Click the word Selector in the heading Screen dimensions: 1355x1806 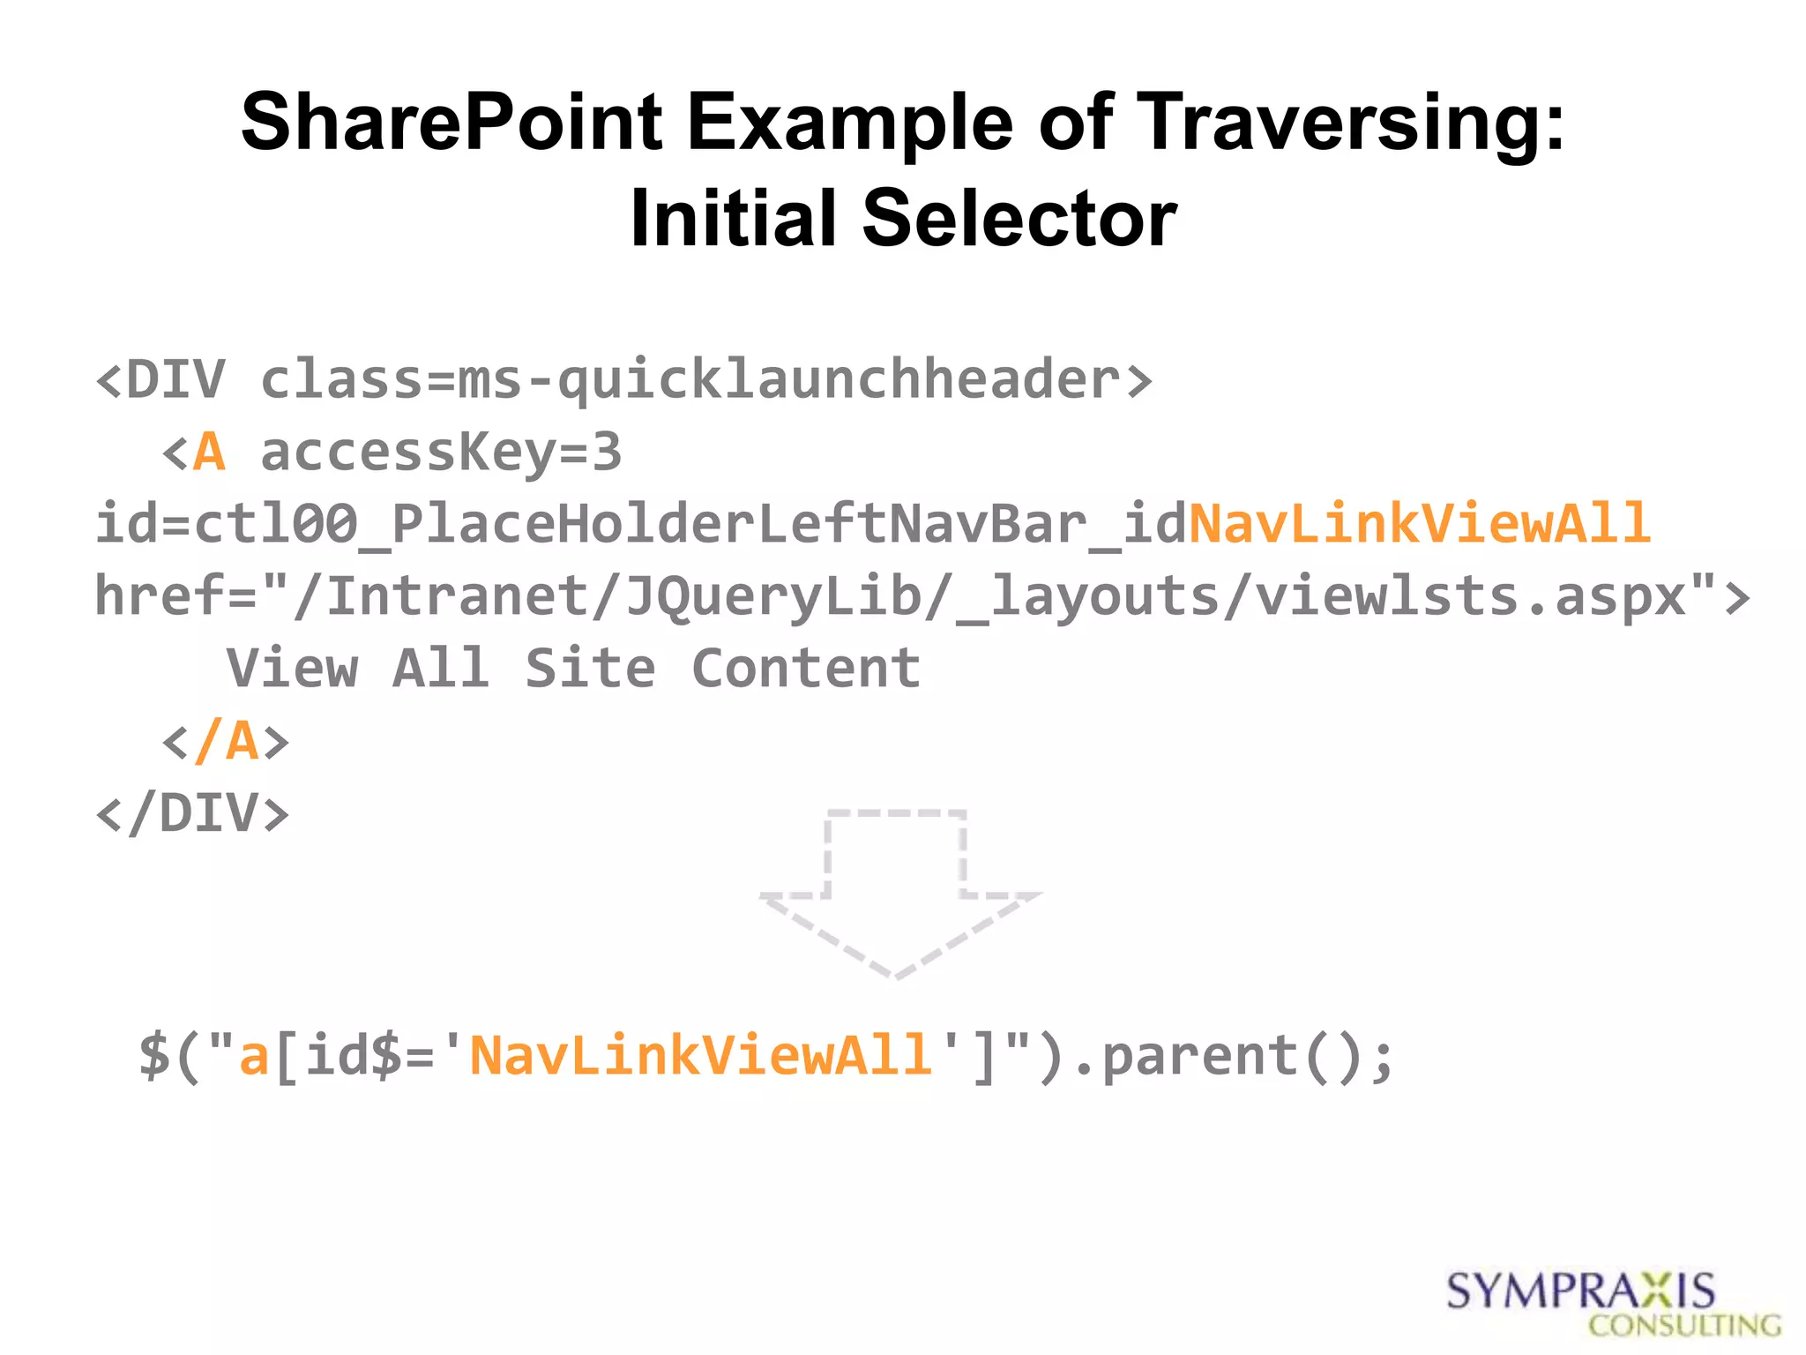pos(1019,219)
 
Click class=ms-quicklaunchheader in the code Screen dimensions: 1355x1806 pos(705,380)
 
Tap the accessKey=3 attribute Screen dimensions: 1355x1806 pos(441,453)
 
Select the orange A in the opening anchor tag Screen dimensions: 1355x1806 pos(209,453)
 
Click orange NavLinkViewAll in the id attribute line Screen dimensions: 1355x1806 pos(1420,524)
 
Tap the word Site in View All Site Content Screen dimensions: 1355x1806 pos(590,669)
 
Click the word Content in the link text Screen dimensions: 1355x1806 pos(806,669)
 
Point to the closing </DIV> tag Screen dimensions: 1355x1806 pos(192,813)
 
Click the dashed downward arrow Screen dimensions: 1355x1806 pos(897,891)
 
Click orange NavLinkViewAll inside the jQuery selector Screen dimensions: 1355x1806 pos(700,1056)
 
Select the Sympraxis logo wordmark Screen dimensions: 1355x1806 pos(1580,1291)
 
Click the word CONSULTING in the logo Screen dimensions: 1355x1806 pos(1684,1326)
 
